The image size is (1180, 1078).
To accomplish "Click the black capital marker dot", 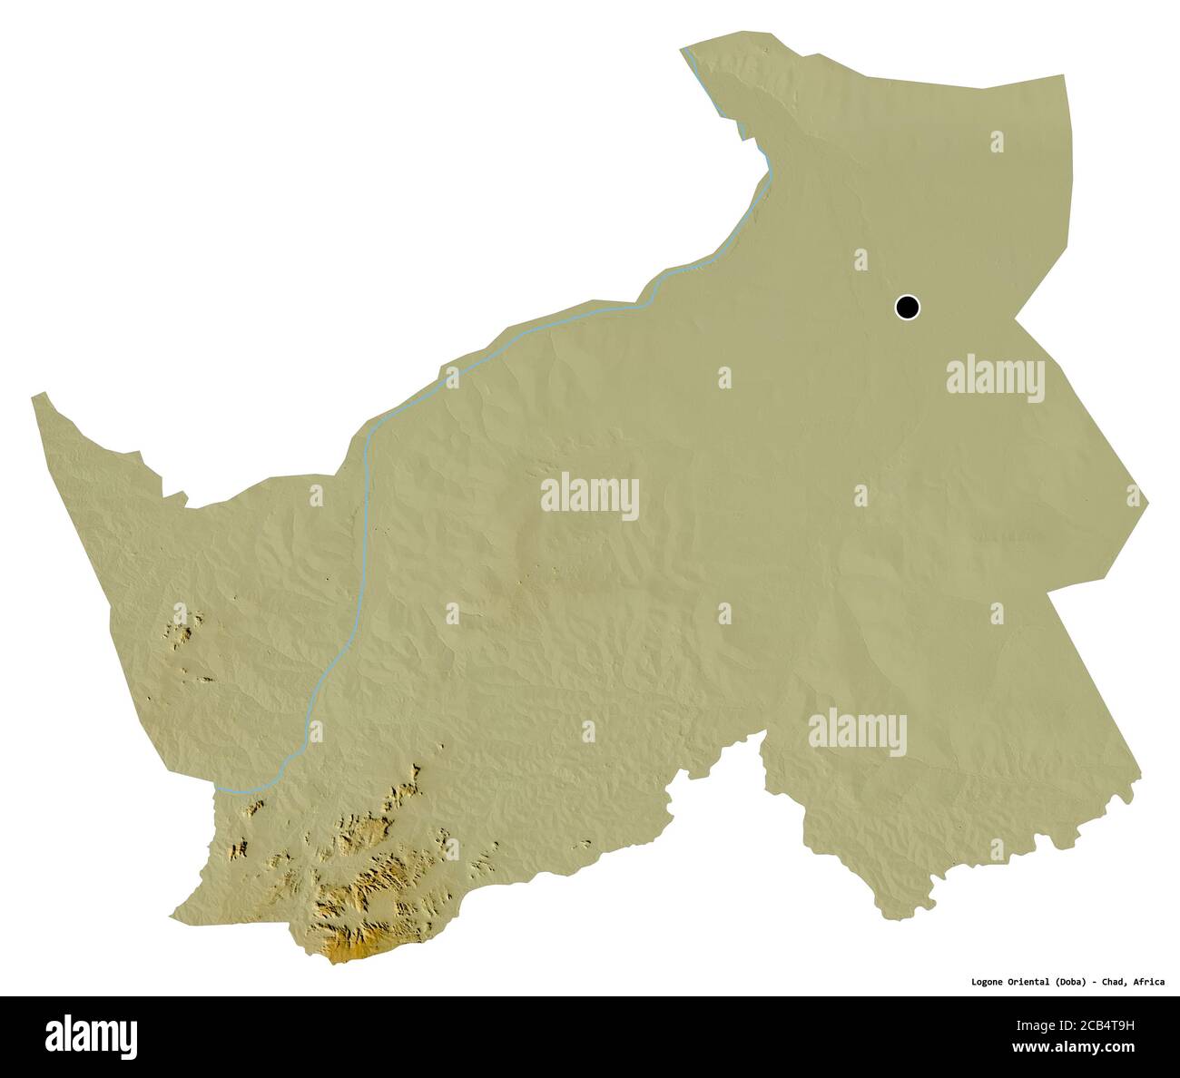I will [907, 308].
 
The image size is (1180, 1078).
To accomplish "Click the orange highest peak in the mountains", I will [345, 953].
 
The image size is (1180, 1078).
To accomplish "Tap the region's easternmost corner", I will [1149, 498].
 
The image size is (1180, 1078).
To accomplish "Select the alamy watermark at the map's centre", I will [590, 496].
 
